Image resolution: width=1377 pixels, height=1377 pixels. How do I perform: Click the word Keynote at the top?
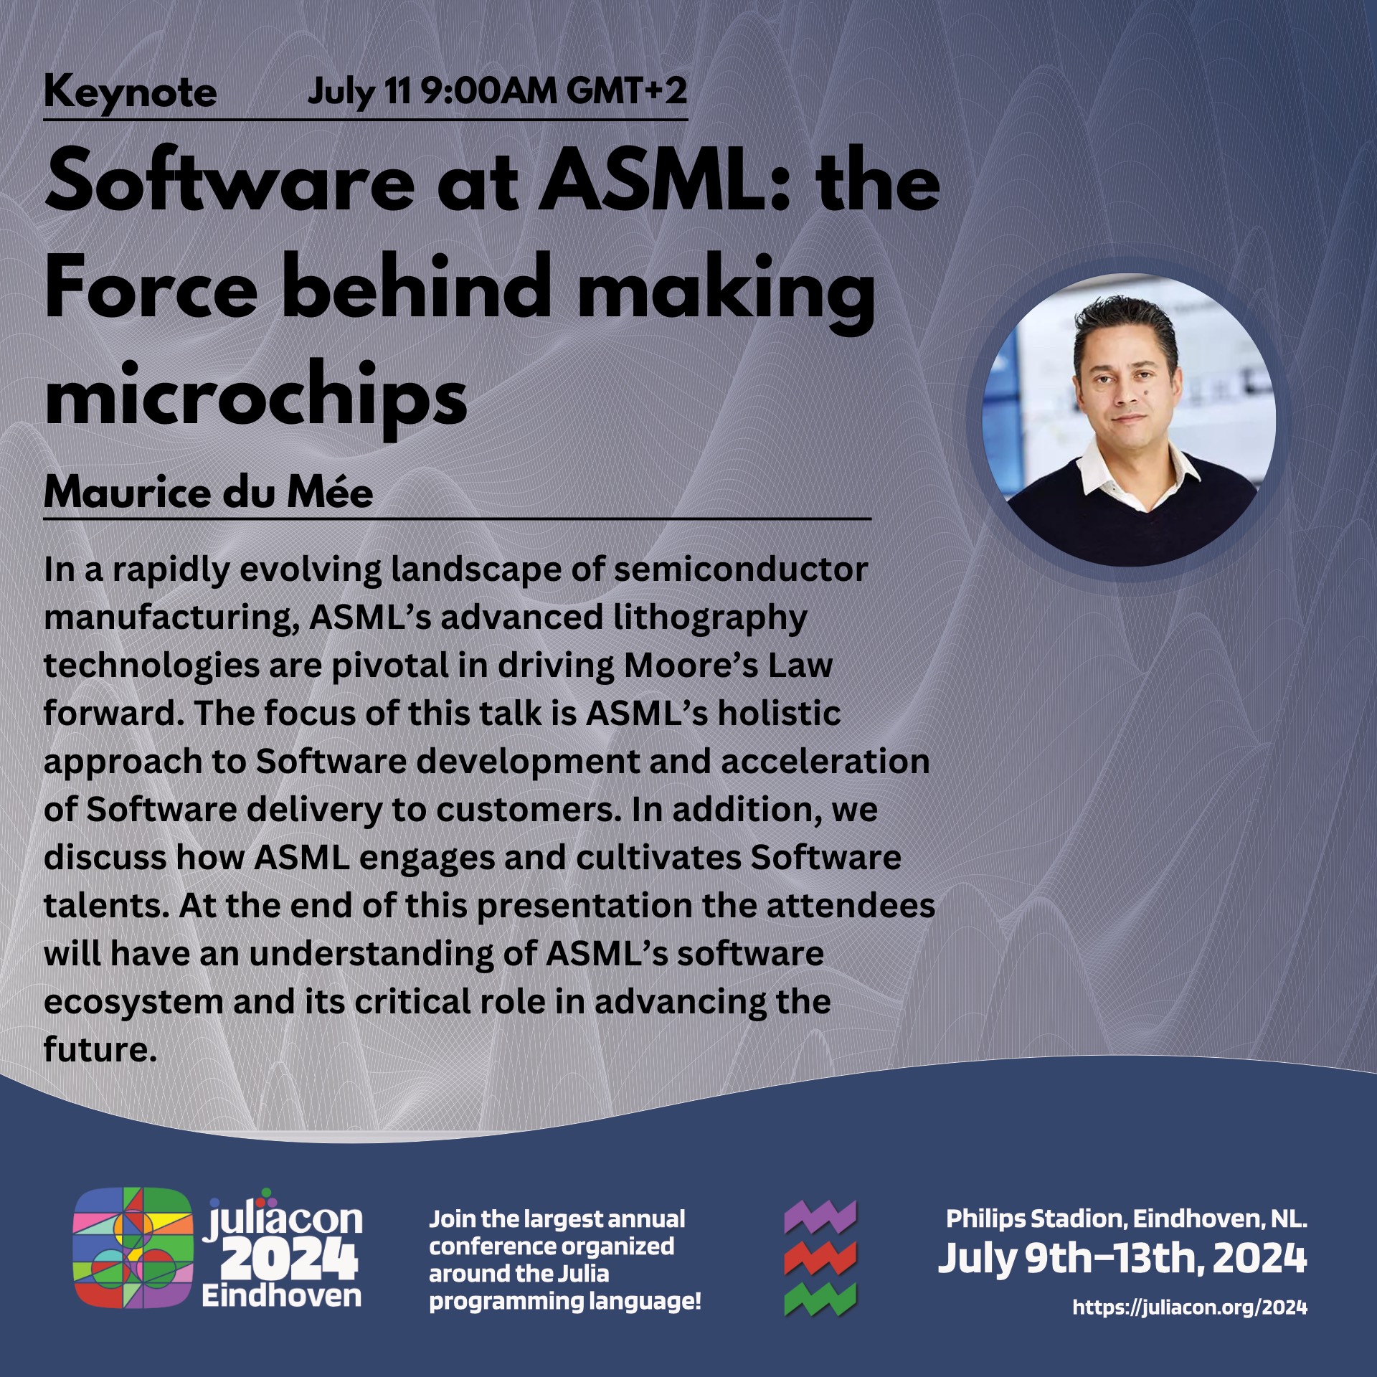coord(130,93)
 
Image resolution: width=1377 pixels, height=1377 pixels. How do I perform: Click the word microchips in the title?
coord(256,397)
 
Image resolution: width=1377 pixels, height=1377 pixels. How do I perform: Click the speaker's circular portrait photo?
coord(1128,420)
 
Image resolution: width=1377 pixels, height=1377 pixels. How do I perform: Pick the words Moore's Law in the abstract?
coord(728,665)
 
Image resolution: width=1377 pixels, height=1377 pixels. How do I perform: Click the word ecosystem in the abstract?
coord(133,1002)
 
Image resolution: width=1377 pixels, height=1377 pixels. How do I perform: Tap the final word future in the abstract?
coord(100,1049)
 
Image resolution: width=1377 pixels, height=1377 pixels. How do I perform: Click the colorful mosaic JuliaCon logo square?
coord(133,1248)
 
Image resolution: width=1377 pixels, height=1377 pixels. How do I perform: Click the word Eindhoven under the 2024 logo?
coord(282,1296)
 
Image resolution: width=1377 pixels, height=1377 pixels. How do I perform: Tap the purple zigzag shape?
coord(820,1217)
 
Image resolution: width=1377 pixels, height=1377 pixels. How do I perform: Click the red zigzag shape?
coord(820,1259)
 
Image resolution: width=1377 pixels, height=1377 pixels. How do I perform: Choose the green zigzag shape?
coord(820,1300)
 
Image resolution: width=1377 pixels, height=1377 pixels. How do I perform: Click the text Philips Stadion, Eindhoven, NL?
coord(1126,1219)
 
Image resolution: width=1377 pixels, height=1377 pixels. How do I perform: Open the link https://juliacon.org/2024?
coord(1190,1307)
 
